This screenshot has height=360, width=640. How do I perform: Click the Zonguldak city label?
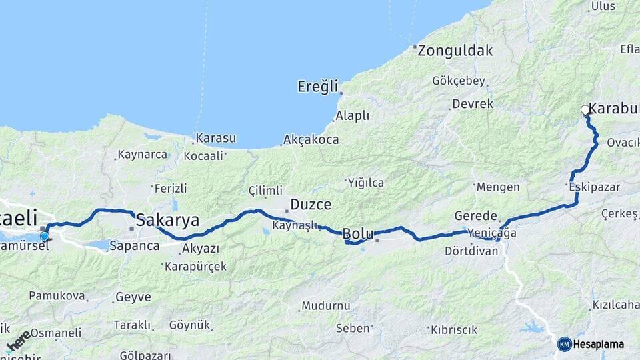(456, 50)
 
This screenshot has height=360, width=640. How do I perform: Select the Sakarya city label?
(167, 220)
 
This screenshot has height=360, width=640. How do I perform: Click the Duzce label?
(310, 205)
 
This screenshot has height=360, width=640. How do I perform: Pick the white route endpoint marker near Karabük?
(585, 110)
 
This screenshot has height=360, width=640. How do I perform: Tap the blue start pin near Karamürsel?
(44, 235)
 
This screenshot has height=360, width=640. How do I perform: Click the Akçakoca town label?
(311, 140)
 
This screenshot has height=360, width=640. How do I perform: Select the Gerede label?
(476, 216)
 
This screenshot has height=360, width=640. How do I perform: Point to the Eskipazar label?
(591, 187)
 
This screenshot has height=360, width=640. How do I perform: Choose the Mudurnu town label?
(326, 306)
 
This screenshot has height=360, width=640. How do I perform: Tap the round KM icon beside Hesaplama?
(565, 344)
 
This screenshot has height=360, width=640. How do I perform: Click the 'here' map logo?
(19, 340)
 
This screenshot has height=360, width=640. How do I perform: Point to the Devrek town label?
(473, 104)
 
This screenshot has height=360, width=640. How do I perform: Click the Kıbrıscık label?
(454, 329)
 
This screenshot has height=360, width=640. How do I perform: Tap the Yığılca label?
(365, 182)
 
